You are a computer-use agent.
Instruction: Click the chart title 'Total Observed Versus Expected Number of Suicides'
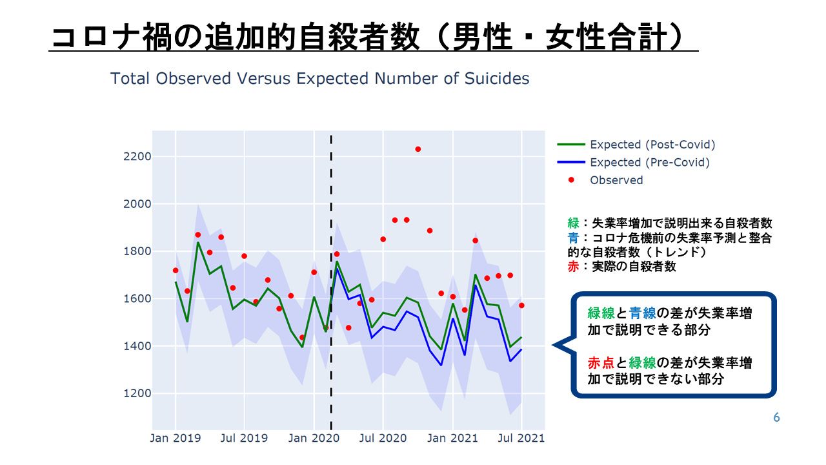[x=319, y=79]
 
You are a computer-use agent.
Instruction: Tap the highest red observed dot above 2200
[x=418, y=149]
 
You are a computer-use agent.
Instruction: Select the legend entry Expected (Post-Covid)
[x=652, y=145]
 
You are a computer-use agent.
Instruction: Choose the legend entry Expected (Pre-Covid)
[x=649, y=162]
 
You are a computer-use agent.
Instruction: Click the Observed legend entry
[x=616, y=180]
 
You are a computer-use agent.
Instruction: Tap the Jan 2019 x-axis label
[x=176, y=439]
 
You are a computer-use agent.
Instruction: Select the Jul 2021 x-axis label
[x=521, y=439]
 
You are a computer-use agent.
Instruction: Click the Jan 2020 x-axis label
[x=314, y=439]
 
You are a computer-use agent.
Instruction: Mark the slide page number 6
[x=776, y=418]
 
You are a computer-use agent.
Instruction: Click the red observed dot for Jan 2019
[x=176, y=271]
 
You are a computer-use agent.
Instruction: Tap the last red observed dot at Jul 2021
[x=521, y=305]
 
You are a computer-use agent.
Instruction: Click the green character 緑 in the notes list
[x=573, y=223]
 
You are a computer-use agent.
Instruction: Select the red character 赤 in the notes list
[x=573, y=266]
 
